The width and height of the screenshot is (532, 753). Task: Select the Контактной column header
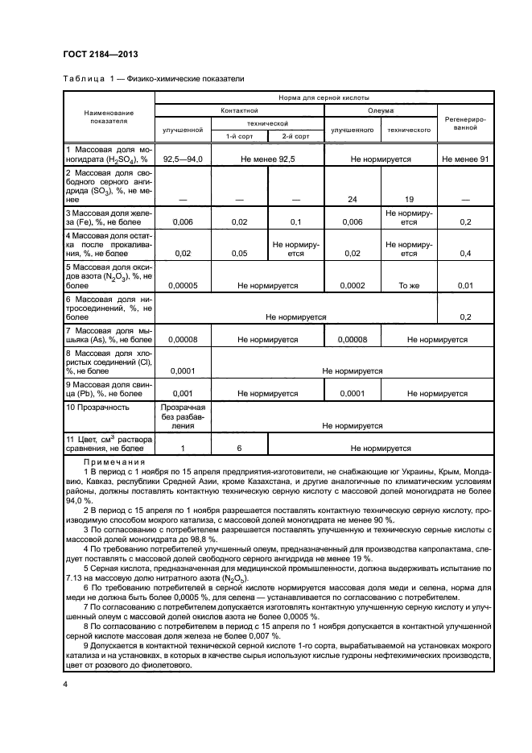click(x=239, y=110)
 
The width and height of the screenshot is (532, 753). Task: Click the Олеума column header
click(x=380, y=110)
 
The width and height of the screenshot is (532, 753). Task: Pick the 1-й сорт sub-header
click(x=238, y=136)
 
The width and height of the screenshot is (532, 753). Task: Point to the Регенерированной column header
click(x=464, y=122)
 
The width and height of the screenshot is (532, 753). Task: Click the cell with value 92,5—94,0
click(x=183, y=159)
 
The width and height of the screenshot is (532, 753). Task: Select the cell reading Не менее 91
click(x=464, y=159)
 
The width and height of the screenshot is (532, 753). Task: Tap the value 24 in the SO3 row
click(x=352, y=199)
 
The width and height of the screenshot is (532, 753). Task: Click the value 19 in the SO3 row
click(x=409, y=199)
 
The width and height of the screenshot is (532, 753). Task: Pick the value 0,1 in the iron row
click(x=295, y=221)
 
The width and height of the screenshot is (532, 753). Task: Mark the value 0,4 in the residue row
click(x=464, y=254)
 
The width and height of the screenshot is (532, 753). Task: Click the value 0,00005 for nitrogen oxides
click(x=183, y=285)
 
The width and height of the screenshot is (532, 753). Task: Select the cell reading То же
click(x=409, y=285)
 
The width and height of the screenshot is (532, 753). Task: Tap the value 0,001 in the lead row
click(x=183, y=393)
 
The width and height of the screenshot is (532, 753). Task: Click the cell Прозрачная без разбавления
click(x=183, y=416)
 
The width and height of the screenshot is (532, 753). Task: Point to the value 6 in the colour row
click(x=238, y=449)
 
